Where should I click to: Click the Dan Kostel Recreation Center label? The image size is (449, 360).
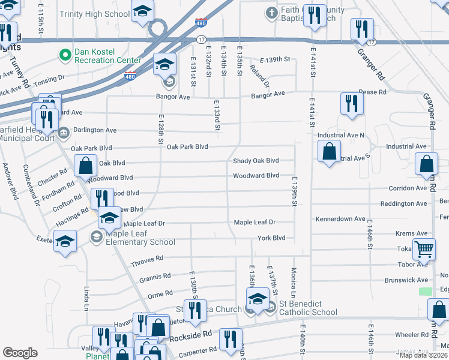pos(107,56)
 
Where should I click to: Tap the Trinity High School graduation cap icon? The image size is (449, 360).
pos(142,12)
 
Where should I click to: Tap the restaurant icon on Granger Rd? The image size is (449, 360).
pos(362,28)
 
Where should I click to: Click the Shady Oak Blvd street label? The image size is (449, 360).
pos(256,161)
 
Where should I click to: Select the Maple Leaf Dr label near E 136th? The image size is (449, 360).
pos(255,222)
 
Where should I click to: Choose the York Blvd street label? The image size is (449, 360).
pos(271,238)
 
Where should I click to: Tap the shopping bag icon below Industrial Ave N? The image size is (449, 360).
pos(329,151)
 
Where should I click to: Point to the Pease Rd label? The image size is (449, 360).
pos(372,92)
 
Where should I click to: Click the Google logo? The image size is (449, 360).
pos(20,353)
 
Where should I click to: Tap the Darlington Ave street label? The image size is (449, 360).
pos(95,130)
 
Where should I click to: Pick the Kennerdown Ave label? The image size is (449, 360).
pos(340,219)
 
